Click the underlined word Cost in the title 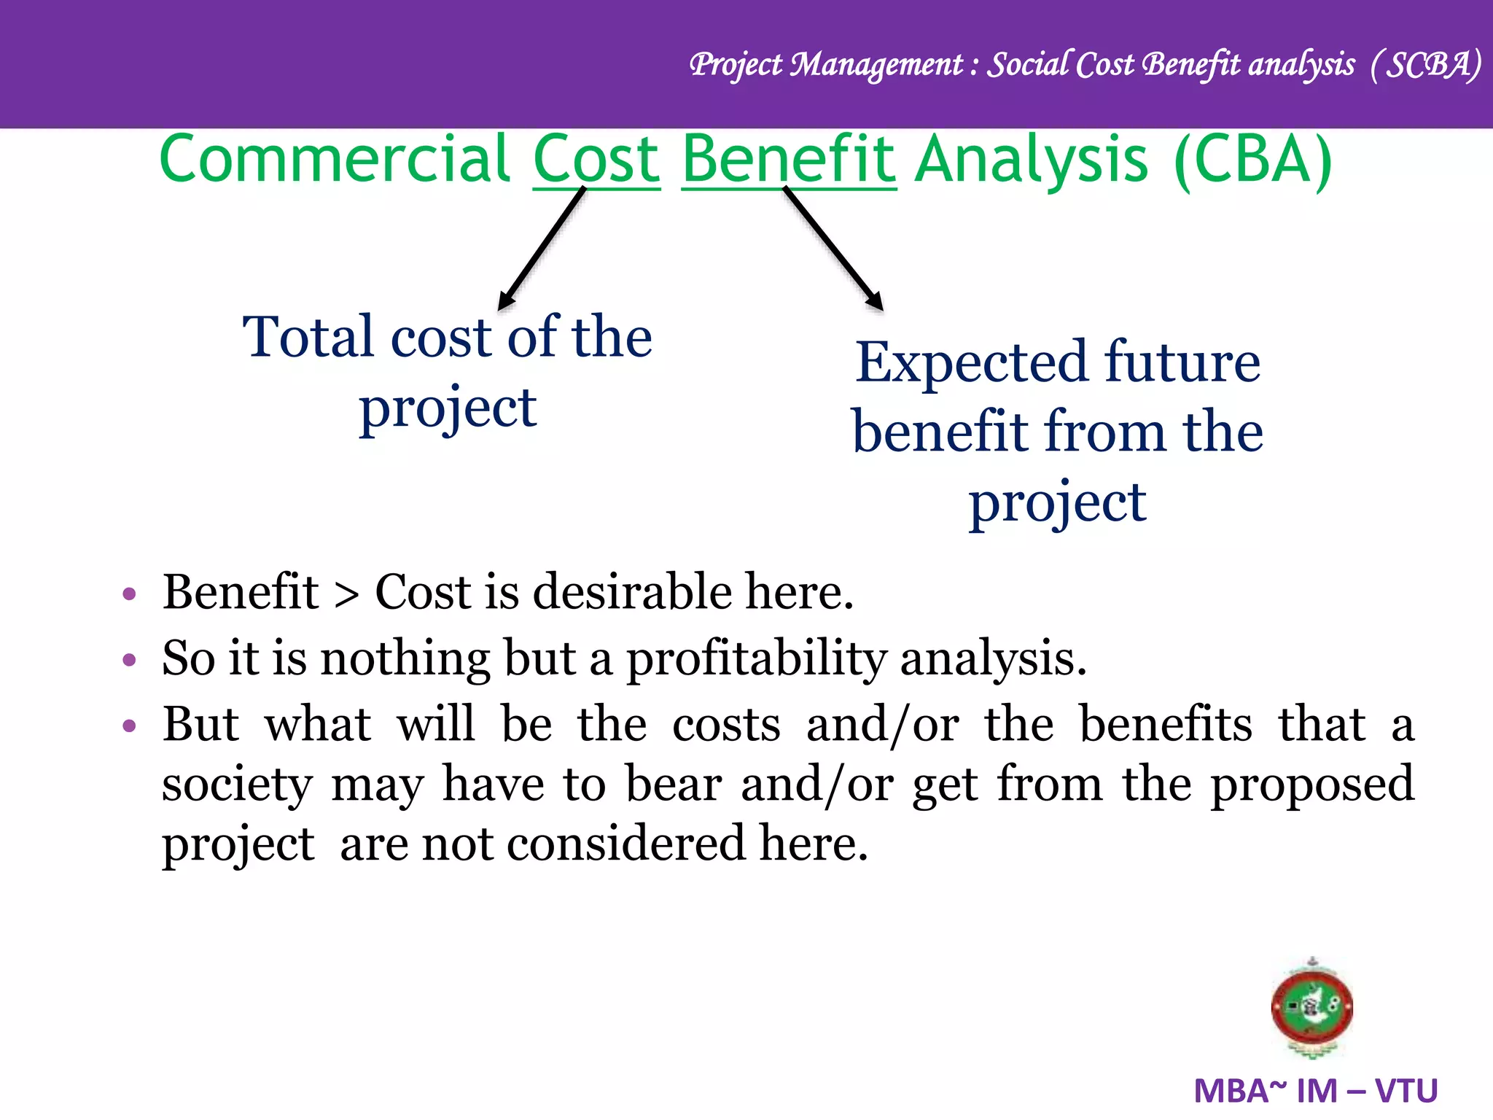(596, 160)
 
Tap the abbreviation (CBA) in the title (1252, 160)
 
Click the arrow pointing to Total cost (542, 248)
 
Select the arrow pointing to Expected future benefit (833, 248)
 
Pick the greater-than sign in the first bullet (346, 594)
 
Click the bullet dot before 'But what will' (130, 726)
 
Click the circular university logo (1311, 1008)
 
